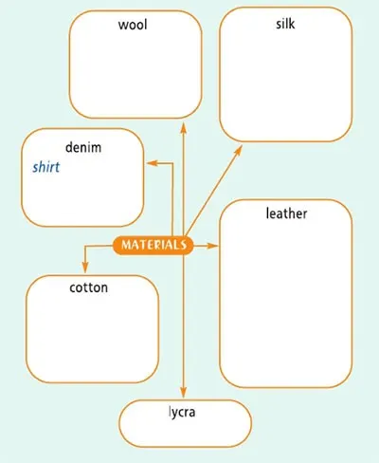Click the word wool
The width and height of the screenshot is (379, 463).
point(133,25)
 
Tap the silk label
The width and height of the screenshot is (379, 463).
point(285,24)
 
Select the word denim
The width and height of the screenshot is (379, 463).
point(83,147)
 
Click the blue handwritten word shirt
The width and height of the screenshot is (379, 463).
point(46,167)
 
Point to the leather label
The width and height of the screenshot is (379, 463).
point(286,213)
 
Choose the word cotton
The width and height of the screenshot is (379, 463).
point(89,287)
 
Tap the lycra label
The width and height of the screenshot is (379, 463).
point(182,413)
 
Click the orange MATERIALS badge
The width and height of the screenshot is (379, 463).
point(153,245)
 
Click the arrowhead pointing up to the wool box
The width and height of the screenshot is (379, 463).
point(184,127)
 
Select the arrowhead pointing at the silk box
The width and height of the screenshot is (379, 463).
point(239,150)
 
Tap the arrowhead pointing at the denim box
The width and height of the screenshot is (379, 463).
point(152,163)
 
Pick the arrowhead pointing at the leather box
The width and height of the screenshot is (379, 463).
point(212,246)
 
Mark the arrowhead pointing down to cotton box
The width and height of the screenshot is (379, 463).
point(84,268)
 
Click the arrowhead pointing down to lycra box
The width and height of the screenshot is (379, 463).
point(184,393)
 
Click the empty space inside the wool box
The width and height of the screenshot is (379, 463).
point(135,73)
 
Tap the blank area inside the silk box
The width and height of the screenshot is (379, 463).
point(286,85)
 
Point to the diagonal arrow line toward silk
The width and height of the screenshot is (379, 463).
point(213,191)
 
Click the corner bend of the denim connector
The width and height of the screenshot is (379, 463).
point(172,163)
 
